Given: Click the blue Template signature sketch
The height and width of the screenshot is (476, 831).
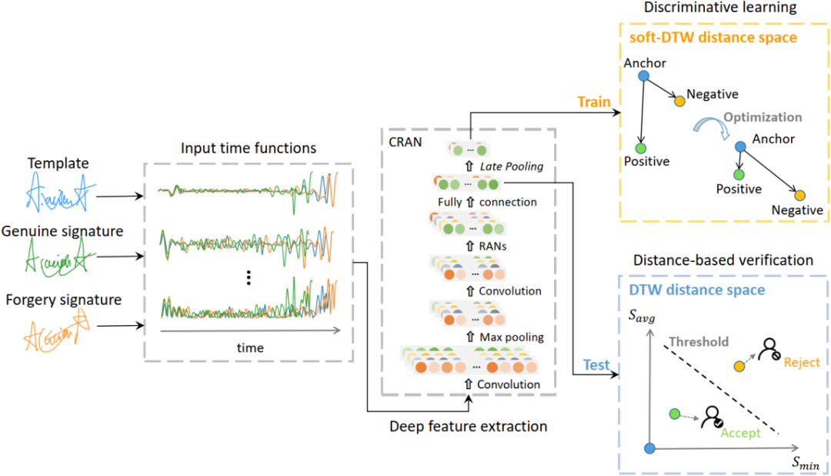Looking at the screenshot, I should coord(58,192).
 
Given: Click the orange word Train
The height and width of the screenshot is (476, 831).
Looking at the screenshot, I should coord(596,102).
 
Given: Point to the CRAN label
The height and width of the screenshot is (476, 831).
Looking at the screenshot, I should coord(405,141).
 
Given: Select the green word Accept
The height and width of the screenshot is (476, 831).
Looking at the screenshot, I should coord(740,433).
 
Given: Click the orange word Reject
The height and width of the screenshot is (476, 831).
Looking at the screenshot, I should coord(802,363).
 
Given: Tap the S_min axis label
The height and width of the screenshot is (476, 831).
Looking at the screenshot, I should coord(806,463).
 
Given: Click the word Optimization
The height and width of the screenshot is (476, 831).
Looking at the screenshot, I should coord(764,117).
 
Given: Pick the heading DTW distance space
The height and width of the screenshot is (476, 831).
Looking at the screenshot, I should coord(698,290).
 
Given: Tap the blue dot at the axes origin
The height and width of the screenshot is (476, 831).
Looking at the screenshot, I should coord(649,448).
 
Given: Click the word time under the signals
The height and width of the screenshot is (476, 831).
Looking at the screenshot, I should coord(249,348).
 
